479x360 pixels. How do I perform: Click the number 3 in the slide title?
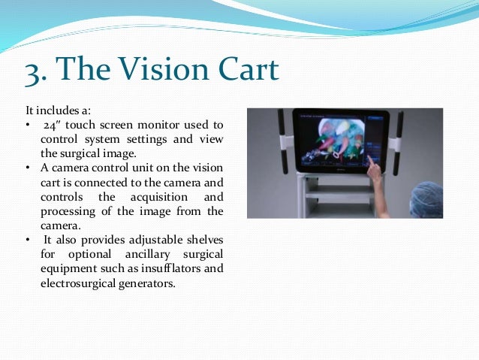[35, 71]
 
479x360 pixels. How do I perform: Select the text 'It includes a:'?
[54, 111]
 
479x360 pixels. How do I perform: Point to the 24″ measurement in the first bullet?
[52, 124]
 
